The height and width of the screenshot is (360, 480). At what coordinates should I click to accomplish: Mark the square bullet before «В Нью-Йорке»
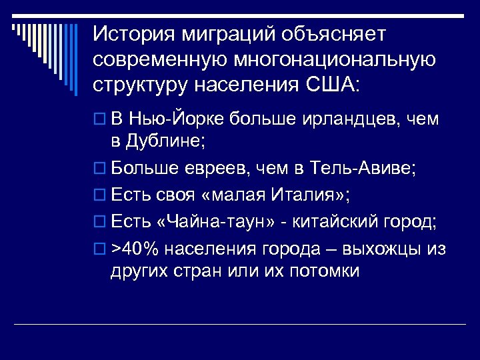tap(99, 120)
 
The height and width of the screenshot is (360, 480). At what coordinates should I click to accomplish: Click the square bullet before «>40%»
tap(99, 249)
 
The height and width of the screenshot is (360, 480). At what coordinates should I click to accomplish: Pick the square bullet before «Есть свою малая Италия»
tap(99, 197)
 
